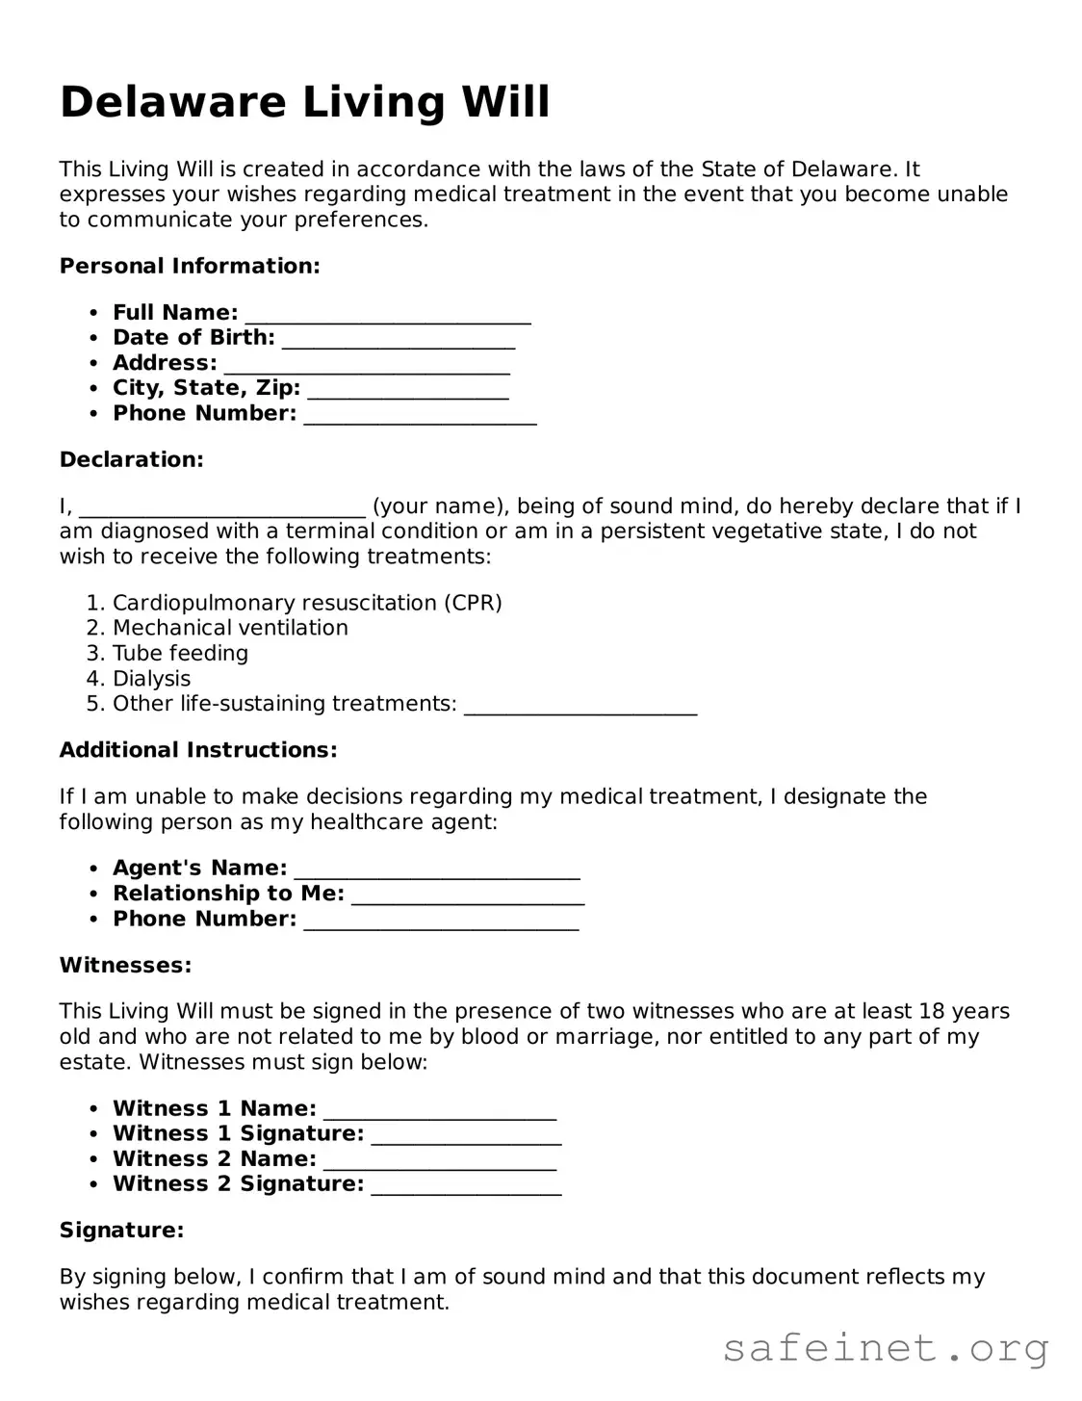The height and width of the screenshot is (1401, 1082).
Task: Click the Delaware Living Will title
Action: [x=304, y=102]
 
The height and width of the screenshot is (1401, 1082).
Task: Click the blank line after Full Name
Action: [x=388, y=315]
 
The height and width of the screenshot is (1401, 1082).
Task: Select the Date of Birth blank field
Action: [x=399, y=340]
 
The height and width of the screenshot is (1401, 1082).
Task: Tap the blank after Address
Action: [x=367, y=365]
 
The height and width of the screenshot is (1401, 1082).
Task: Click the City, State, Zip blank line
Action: [x=408, y=390]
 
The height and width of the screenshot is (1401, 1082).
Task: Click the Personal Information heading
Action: [x=190, y=266]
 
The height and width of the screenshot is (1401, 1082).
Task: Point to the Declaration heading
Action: [x=132, y=459]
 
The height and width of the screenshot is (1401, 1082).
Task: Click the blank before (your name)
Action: [x=222, y=508]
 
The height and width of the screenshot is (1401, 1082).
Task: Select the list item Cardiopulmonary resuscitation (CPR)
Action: [x=307, y=603]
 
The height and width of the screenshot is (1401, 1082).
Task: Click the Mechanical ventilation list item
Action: [x=230, y=628]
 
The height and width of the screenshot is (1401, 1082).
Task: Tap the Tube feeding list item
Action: [x=180, y=653]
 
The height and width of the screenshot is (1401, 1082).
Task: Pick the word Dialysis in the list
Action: [x=151, y=679]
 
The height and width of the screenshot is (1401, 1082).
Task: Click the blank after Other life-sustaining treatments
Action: [x=580, y=706]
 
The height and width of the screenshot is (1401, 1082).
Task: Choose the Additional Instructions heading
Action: [x=198, y=750]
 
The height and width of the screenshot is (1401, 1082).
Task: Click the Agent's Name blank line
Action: [x=437, y=870]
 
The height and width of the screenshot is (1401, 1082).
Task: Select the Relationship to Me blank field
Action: [x=469, y=895]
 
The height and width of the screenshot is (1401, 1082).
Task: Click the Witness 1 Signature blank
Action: [x=466, y=1136]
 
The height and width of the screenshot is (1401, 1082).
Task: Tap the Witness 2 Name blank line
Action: [x=440, y=1161]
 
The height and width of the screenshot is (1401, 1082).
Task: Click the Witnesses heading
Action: [x=125, y=965]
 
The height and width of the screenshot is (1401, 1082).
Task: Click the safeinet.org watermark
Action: [x=886, y=1348]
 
